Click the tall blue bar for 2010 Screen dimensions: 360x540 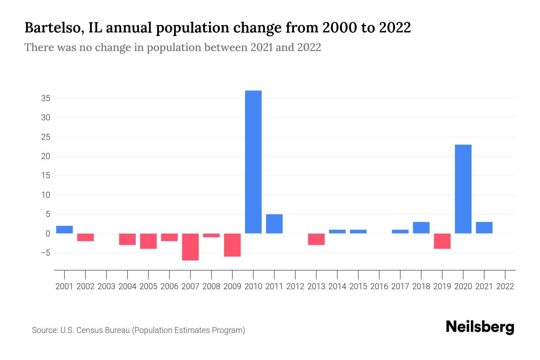click(253, 162)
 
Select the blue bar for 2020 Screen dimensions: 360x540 click(463, 189)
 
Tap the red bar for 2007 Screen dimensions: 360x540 click(190, 247)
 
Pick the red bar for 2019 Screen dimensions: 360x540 click(442, 241)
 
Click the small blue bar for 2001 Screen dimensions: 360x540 click(64, 229)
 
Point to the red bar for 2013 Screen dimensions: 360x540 click(316, 239)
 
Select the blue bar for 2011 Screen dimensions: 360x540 click(274, 224)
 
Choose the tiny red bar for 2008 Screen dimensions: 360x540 click(211, 235)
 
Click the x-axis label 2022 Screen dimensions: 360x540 click(505, 286)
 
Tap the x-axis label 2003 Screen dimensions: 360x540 click(106, 286)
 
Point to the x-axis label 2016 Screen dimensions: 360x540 click(379, 286)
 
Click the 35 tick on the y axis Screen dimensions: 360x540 click(46, 98)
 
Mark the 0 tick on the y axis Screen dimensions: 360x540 click(48, 234)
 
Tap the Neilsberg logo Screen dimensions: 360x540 click(480, 327)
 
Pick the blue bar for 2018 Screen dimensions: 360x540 click(421, 228)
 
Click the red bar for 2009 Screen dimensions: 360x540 click(232, 245)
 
